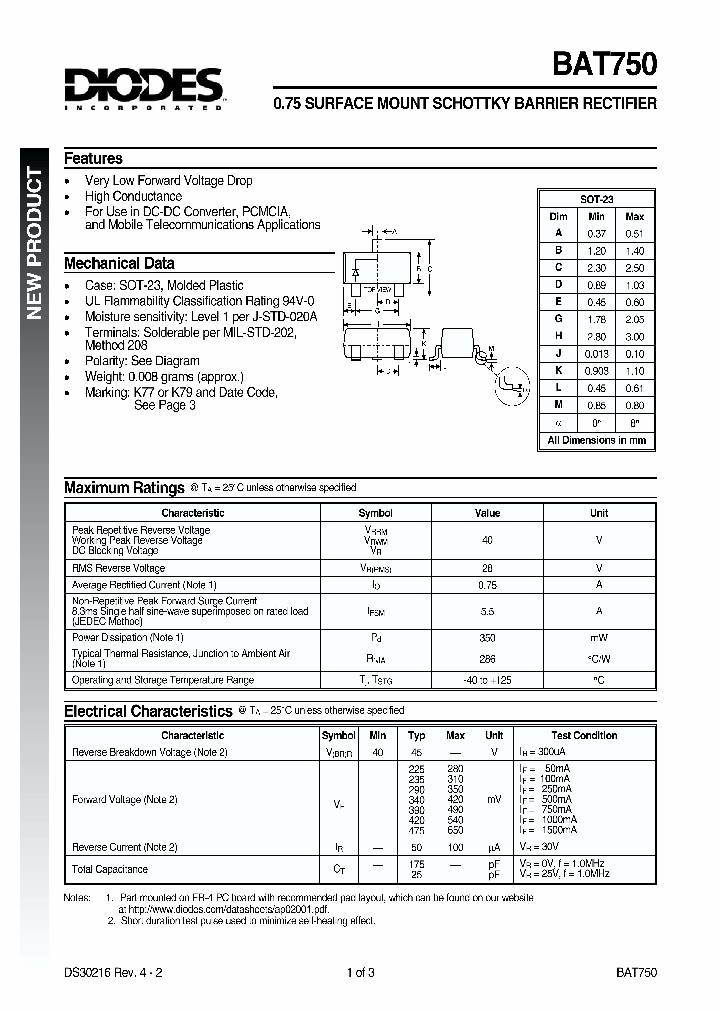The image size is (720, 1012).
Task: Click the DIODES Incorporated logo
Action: (x=143, y=89)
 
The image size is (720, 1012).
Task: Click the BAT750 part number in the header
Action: (x=604, y=65)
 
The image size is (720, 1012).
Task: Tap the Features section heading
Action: (x=93, y=158)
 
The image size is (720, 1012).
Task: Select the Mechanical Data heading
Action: (x=119, y=264)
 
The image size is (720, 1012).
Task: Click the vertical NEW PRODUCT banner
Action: (x=34, y=244)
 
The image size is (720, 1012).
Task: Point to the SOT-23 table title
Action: (x=596, y=200)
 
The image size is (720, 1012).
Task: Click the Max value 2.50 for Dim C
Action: (x=634, y=268)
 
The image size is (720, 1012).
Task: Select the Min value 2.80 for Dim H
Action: (x=596, y=337)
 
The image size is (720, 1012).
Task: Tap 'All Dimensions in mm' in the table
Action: (x=596, y=440)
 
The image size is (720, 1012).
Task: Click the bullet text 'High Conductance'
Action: (x=133, y=197)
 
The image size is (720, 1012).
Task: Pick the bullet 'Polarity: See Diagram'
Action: (x=142, y=361)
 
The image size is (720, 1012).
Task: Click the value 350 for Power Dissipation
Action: (x=487, y=637)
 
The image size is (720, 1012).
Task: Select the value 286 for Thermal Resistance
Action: (x=487, y=660)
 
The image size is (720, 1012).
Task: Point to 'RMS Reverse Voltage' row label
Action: (x=118, y=568)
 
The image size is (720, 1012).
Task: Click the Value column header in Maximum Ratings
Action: (x=487, y=513)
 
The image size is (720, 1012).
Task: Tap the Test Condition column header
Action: (x=583, y=735)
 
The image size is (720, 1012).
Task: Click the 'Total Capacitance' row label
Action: (x=110, y=869)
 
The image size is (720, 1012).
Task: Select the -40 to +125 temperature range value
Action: (x=487, y=680)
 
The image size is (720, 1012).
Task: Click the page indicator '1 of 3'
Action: (x=360, y=972)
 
